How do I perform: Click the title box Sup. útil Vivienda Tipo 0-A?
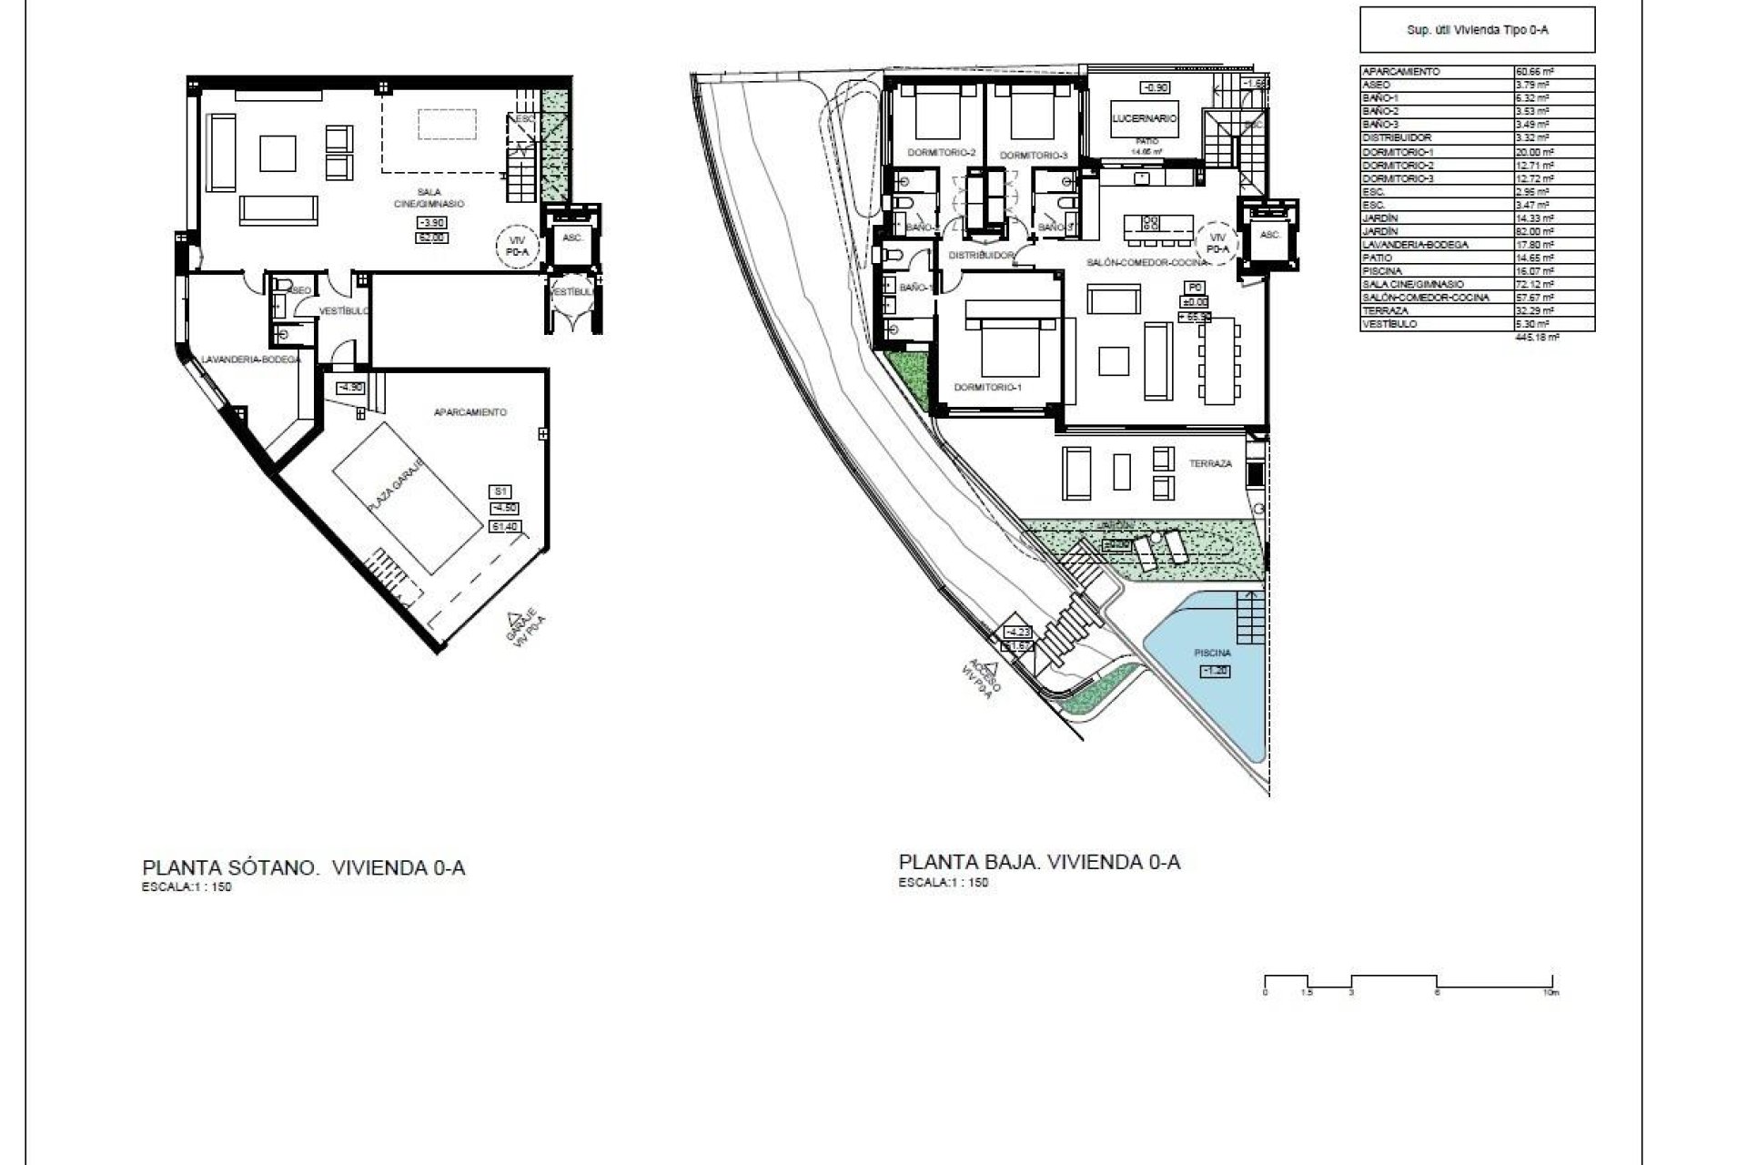[1477, 30]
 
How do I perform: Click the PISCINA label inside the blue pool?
[1213, 653]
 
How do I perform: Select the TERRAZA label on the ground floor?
[1210, 463]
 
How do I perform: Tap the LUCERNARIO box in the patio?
[1144, 118]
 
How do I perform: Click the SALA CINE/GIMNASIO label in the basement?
[440, 198]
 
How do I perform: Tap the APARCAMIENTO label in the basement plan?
[470, 412]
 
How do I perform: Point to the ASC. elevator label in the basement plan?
[572, 237]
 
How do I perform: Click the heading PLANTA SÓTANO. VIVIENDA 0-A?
[304, 867]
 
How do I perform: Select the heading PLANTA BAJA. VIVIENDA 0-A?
[1039, 862]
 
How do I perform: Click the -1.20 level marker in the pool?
[1215, 671]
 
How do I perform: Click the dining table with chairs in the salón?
[1217, 360]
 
